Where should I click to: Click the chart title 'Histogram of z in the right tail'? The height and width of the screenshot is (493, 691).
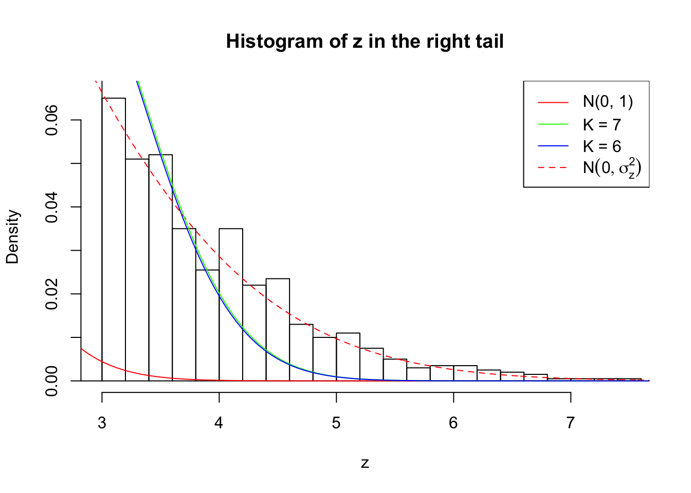click(x=365, y=42)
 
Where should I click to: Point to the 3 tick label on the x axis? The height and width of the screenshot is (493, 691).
click(x=102, y=423)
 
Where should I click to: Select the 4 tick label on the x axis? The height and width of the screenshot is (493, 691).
click(x=219, y=423)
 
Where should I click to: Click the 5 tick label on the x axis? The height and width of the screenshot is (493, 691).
click(x=336, y=423)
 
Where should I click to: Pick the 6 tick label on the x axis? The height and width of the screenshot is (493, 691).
click(x=453, y=423)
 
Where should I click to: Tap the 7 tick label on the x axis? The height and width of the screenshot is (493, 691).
click(x=570, y=423)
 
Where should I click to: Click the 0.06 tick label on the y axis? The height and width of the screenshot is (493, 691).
click(x=52, y=120)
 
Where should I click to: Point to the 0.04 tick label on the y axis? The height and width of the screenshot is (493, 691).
click(x=52, y=207)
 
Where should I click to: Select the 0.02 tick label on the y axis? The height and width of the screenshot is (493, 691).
click(x=52, y=294)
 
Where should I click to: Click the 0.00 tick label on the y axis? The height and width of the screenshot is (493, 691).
click(x=52, y=381)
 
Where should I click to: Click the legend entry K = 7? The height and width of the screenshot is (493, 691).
click(x=602, y=125)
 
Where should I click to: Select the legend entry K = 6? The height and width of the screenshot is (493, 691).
click(x=602, y=146)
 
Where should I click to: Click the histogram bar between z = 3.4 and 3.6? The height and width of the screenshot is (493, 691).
click(x=160, y=267)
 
